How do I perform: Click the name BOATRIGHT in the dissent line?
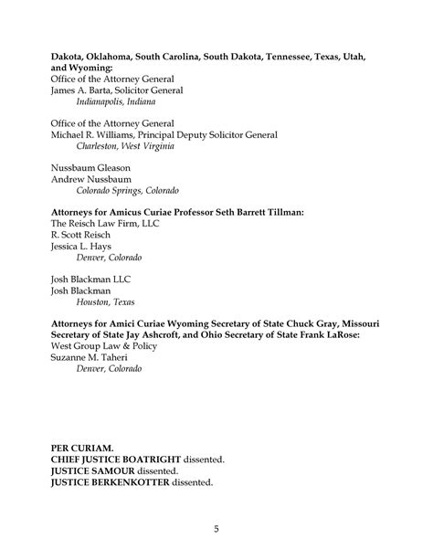148,459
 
